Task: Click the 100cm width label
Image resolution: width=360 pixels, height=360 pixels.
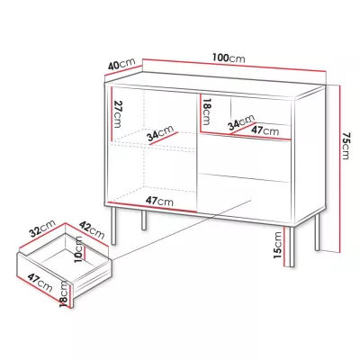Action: pyautogui.click(x=229, y=58)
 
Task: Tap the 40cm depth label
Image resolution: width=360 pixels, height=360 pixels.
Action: pyautogui.click(x=121, y=65)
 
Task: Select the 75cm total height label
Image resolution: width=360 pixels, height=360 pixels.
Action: pyautogui.click(x=346, y=146)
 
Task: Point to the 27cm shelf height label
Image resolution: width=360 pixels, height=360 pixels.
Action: pyautogui.click(x=118, y=114)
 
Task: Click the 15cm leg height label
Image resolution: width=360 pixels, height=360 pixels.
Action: pyautogui.click(x=277, y=245)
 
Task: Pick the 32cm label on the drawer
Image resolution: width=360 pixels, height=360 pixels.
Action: pyautogui.click(x=42, y=229)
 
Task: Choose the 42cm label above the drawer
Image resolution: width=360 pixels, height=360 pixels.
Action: pyautogui.click(x=92, y=229)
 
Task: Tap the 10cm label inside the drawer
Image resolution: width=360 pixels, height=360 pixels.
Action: pyautogui.click(x=77, y=249)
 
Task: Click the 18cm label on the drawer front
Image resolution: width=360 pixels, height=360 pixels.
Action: pyautogui.click(x=64, y=293)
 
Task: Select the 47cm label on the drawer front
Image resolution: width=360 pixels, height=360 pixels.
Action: pyautogui.click(x=40, y=283)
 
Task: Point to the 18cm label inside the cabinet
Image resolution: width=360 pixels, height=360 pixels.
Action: pyautogui.click(x=206, y=112)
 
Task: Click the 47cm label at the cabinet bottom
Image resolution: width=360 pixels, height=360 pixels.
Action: pyautogui.click(x=159, y=201)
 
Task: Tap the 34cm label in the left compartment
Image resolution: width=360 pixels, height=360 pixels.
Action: pyautogui.click(x=160, y=133)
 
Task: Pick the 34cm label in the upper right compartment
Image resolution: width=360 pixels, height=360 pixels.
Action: pyautogui.click(x=241, y=122)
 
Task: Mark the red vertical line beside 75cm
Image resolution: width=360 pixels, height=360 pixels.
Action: pyautogui.click(x=339, y=168)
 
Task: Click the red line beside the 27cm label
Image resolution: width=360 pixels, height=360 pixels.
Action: pyautogui.click(x=112, y=113)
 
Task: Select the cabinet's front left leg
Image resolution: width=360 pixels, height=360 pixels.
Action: pyautogui.click(x=113, y=226)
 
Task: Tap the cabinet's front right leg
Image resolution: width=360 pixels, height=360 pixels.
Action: pyautogui.click(x=291, y=247)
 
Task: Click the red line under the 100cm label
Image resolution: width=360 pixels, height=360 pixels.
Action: pyautogui.click(x=234, y=66)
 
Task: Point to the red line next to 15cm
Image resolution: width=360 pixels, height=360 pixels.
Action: pyautogui.click(x=284, y=248)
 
